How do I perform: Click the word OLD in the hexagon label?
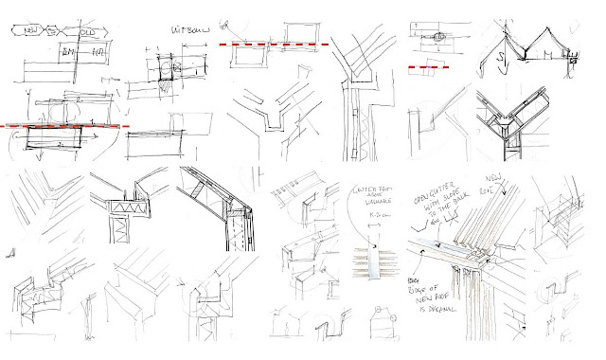pos(88,31)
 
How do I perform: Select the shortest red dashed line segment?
pos(428,67)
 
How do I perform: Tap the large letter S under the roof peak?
pos(501,63)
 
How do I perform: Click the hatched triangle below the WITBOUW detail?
pos(163,84)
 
